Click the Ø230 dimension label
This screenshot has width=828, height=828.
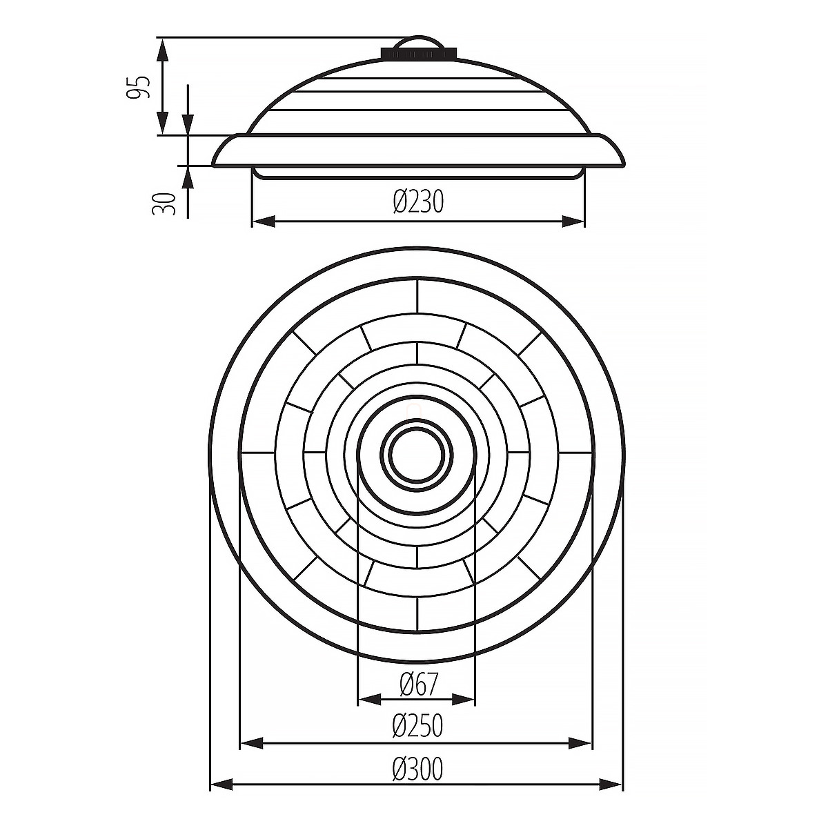click(x=417, y=201)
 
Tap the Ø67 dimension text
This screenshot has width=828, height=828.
click(x=417, y=684)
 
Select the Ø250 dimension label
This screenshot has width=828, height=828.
click(x=417, y=726)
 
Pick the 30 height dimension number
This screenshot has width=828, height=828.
click(x=164, y=204)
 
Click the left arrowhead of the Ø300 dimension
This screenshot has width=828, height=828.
click(x=222, y=784)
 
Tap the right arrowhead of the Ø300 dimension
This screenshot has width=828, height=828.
click(x=611, y=784)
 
